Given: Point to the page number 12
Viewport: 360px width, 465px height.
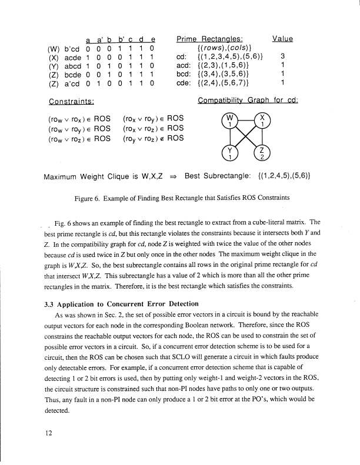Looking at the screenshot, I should pyautogui.click(x=40, y=433).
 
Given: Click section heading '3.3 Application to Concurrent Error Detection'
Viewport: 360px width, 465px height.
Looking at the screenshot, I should pyautogui.click(x=121, y=305).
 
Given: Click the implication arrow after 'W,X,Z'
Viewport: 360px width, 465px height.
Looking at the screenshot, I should pyautogui.click(x=175, y=176).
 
